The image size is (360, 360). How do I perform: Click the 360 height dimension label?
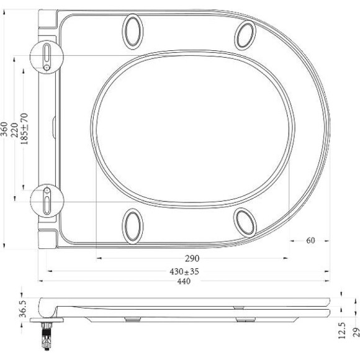pyautogui.click(x=5, y=128)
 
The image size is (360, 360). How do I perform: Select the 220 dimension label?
pyautogui.click(x=15, y=128)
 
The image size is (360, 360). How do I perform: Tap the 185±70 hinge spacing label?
pyautogui.click(x=25, y=128)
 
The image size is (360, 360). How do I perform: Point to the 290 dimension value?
pyautogui.click(x=192, y=258)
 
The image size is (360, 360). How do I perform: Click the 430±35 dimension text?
pyautogui.click(x=189, y=271)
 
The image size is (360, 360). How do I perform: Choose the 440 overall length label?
pyautogui.click(x=184, y=281)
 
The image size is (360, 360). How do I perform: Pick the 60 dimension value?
pyautogui.click(x=310, y=241)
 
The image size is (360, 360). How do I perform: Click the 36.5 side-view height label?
pyautogui.click(x=22, y=307)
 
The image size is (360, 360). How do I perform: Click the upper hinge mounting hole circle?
pyautogui.click(x=47, y=56)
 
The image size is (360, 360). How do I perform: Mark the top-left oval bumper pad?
pyautogui.click(x=133, y=30)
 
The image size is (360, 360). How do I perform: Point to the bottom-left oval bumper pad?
pyautogui.click(x=133, y=225)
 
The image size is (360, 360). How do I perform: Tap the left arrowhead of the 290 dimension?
pyautogui.click(x=97, y=258)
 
